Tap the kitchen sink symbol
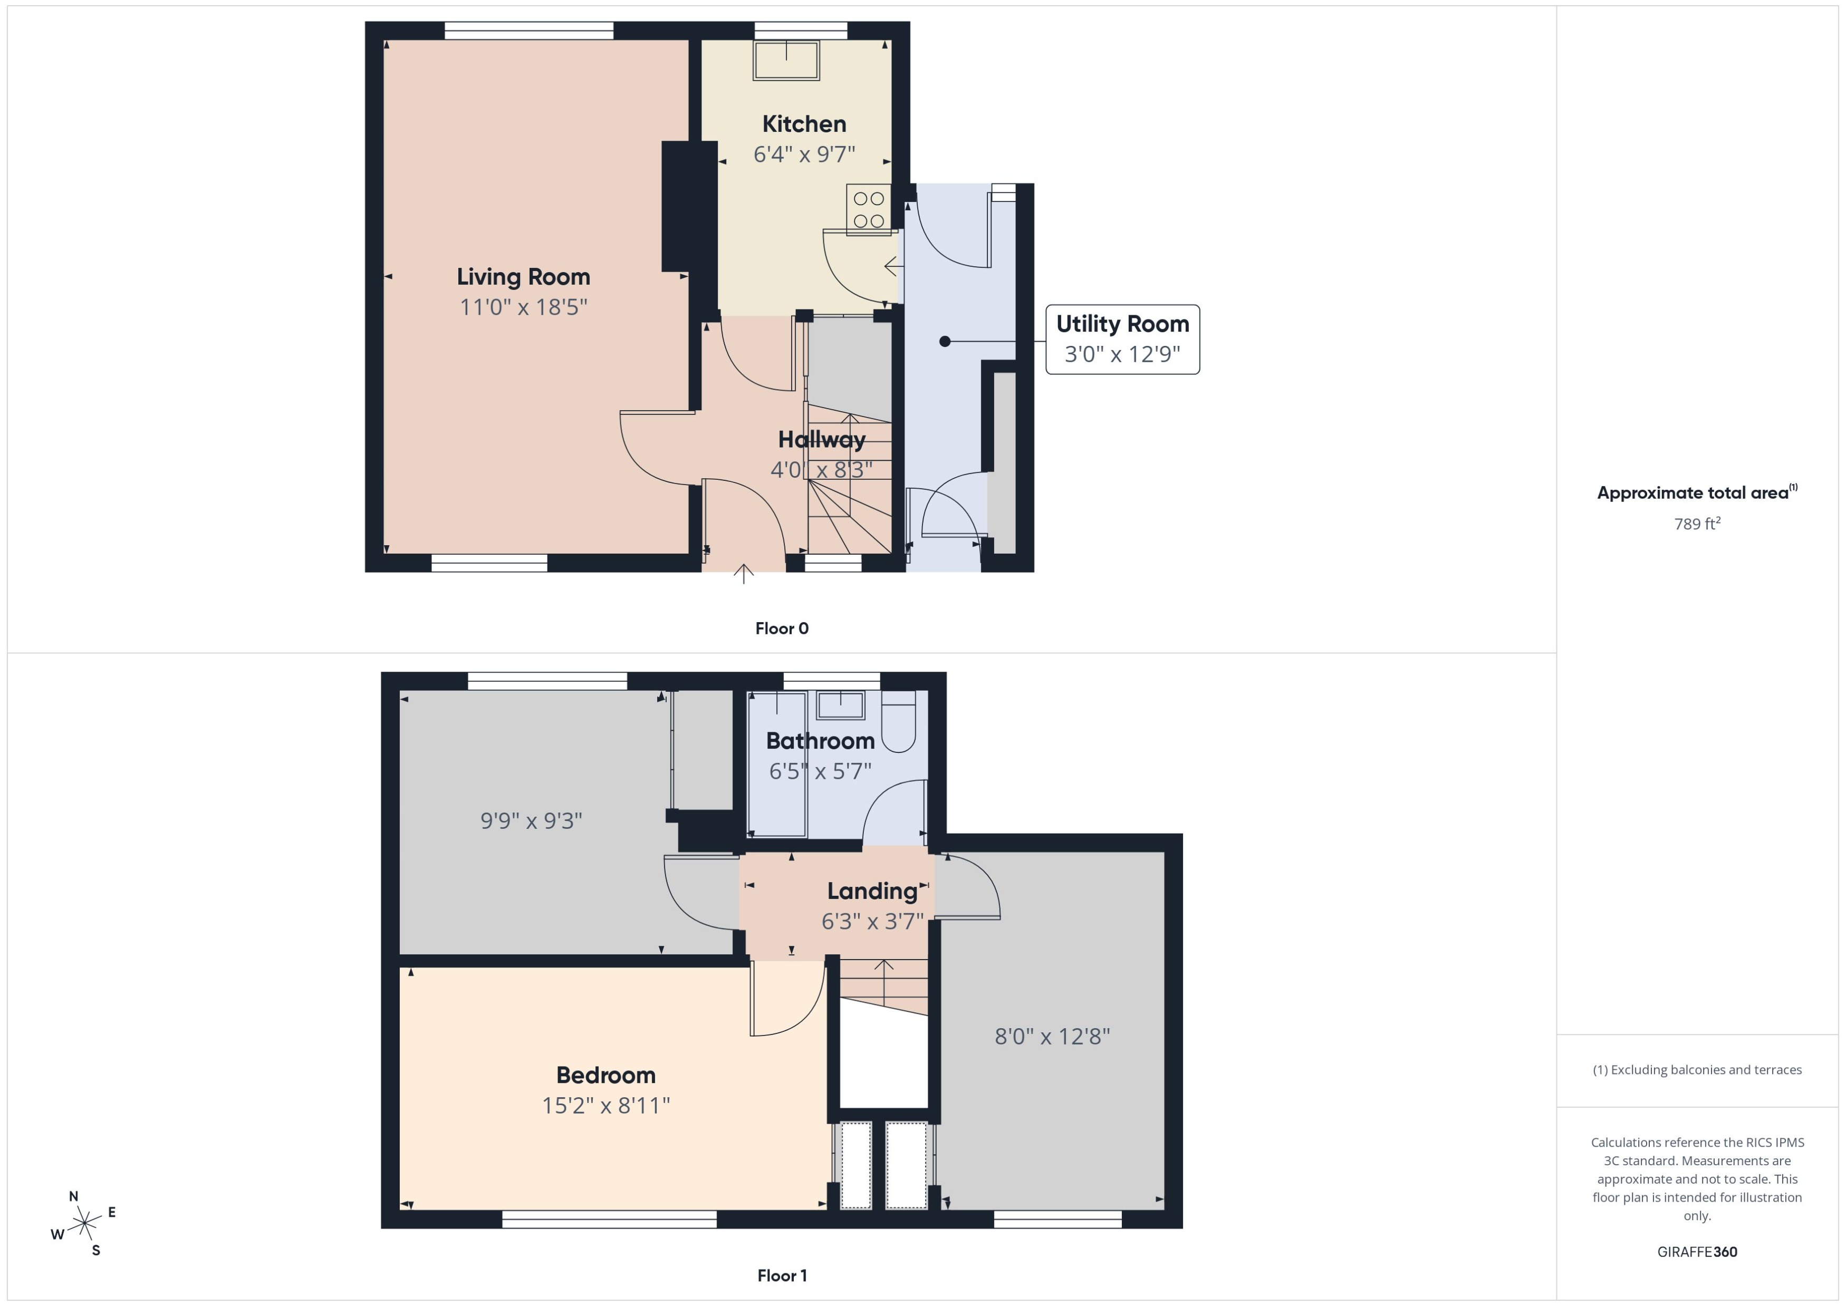[786, 60]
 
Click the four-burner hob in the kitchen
[869, 209]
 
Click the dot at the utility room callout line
[945, 342]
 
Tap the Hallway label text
[821, 440]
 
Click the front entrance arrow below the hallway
[743, 574]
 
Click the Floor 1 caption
[781, 1275]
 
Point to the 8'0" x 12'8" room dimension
[1052, 1037]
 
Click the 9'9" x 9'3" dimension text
[531, 821]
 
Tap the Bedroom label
[605, 1075]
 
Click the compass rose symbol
[84, 1224]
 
